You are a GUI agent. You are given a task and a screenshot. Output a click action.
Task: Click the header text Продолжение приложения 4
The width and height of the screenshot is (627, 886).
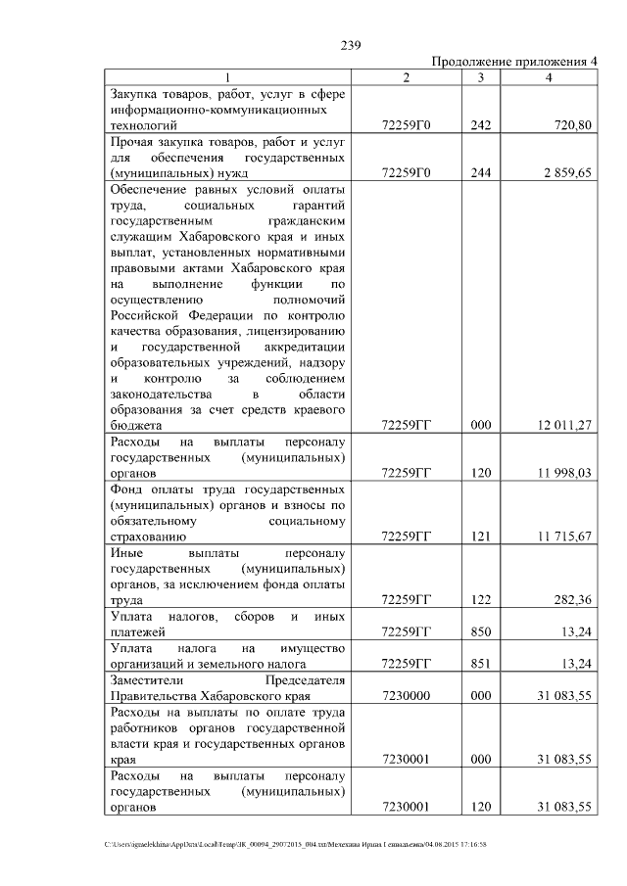tap(514, 61)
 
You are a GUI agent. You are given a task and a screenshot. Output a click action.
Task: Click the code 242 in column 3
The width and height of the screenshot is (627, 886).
tap(480, 125)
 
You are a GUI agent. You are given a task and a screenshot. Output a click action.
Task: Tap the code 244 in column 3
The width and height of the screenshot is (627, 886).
tap(480, 172)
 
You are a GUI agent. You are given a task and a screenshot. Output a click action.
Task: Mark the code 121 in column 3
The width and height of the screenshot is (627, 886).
tap(480, 536)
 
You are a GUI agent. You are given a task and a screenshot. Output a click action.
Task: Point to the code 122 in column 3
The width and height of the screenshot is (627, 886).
tap(480, 600)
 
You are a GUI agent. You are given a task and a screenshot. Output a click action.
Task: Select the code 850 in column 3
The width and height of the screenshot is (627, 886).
tap(480, 631)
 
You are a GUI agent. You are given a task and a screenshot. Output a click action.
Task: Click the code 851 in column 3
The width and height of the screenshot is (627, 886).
tap(480, 664)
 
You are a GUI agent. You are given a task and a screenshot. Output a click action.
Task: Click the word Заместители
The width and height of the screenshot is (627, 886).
tap(151, 679)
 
